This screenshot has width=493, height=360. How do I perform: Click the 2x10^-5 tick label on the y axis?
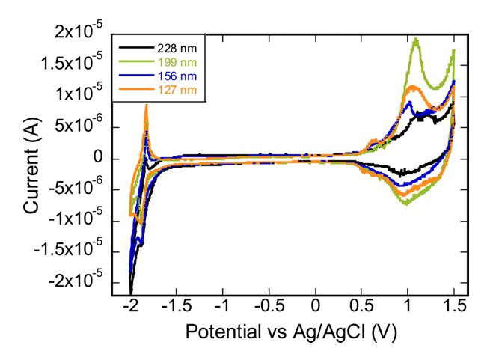pyautogui.click(x=79, y=33)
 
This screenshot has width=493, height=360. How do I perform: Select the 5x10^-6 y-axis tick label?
pyautogui.click(x=79, y=127)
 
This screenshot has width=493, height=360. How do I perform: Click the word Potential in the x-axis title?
pyautogui.click(x=218, y=331)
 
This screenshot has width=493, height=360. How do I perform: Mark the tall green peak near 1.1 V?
pyautogui.click(x=416, y=40)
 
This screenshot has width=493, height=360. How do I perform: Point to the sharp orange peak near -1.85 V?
pyautogui.click(x=146, y=106)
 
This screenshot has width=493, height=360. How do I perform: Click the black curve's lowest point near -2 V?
pyautogui.click(x=131, y=293)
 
